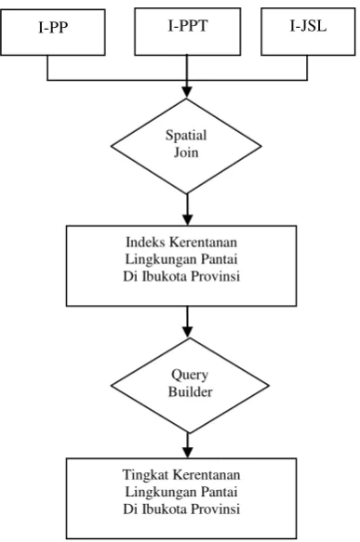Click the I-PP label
click(x=53, y=27)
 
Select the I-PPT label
click(x=188, y=26)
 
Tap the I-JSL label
click(x=308, y=26)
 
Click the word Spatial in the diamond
click(x=186, y=135)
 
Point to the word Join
click(x=186, y=152)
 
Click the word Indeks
click(x=145, y=242)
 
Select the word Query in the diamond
click(x=190, y=375)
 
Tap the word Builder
click(x=190, y=391)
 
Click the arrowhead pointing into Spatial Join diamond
click(x=187, y=92)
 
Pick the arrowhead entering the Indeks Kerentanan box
click(x=187, y=219)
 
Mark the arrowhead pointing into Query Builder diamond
click(x=187, y=332)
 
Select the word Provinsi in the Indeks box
click(x=216, y=276)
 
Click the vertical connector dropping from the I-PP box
click(x=47, y=68)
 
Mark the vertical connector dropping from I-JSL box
click(x=307, y=68)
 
